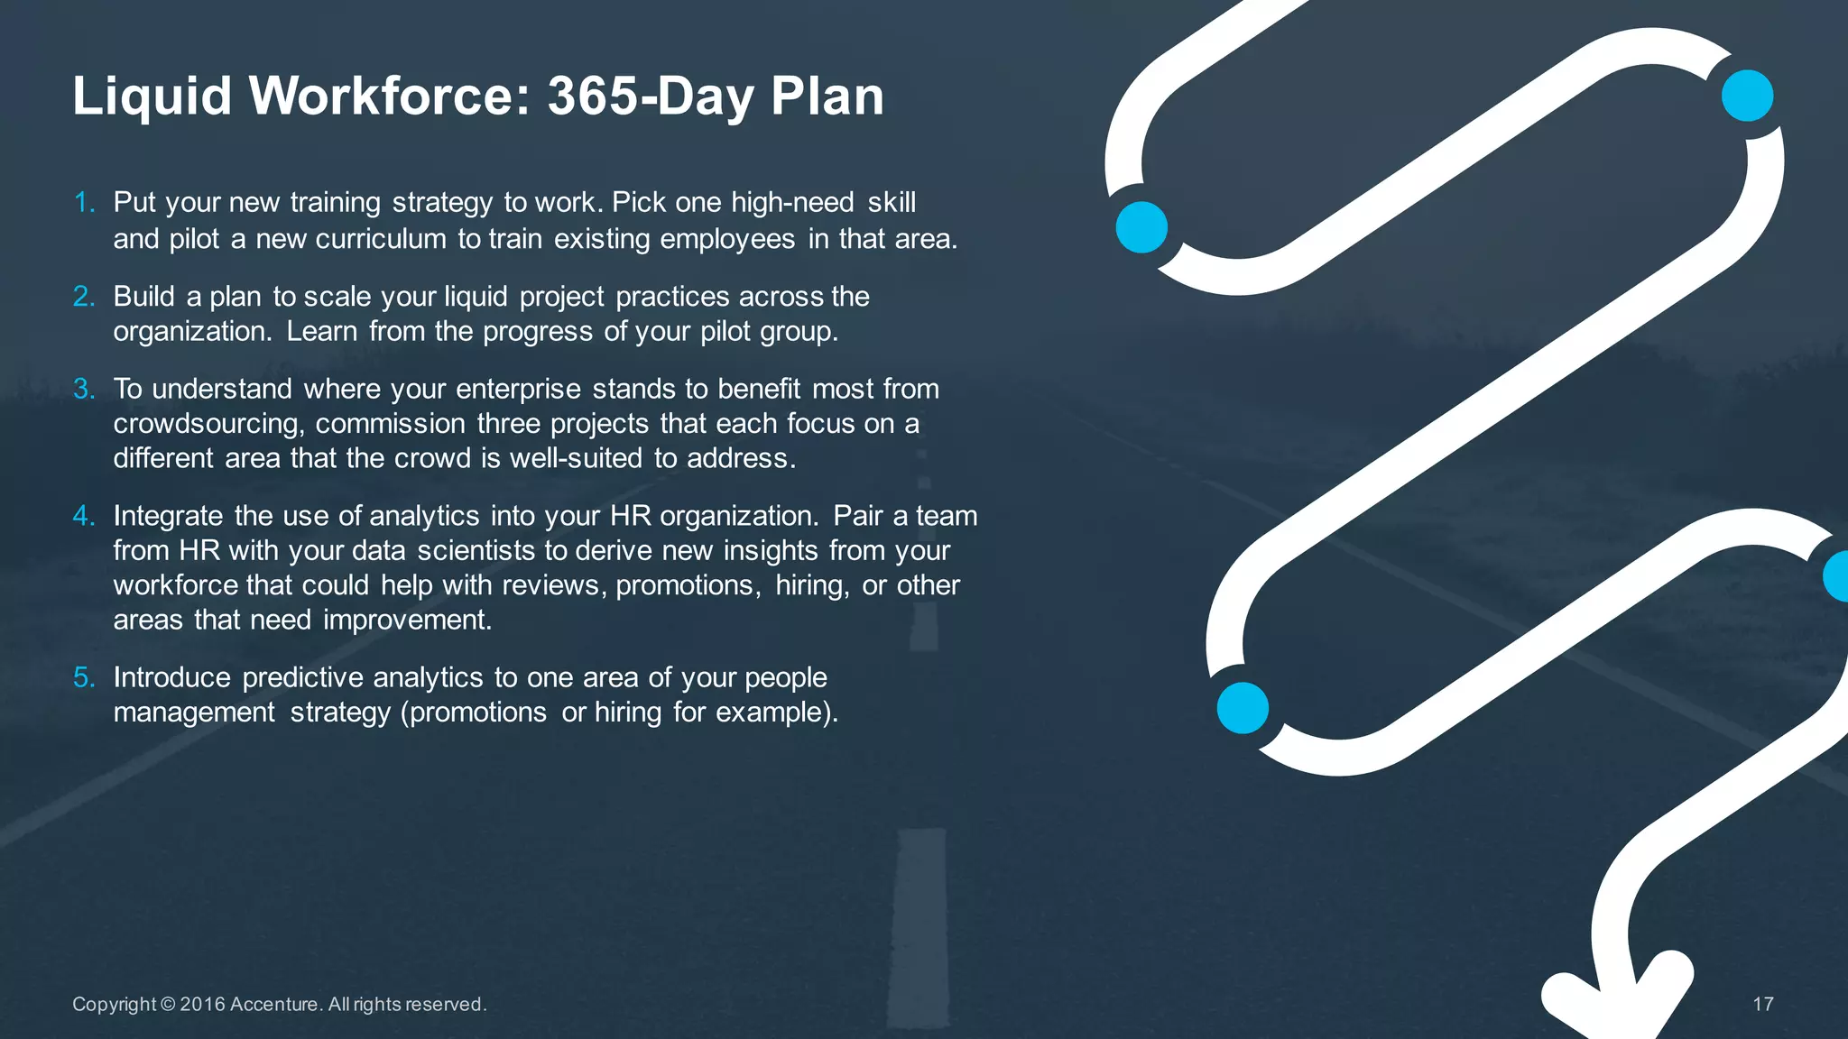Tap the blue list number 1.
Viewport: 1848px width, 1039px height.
click(x=84, y=202)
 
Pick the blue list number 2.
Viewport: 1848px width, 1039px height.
click(x=84, y=296)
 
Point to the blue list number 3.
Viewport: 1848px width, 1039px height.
click(x=84, y=389)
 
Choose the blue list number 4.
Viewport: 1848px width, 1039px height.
click(x=84, y=516)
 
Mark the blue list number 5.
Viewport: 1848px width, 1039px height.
click(x=84, y=677)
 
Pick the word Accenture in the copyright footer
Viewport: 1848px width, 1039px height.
click(x=274, y=1004)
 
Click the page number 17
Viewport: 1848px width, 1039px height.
click(x=1763, y=1004)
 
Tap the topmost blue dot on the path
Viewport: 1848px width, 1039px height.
click(x=1747, y=96)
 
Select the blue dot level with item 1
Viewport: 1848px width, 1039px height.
click(x=1141, y=226)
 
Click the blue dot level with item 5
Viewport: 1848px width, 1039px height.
click(x=1243, y=708)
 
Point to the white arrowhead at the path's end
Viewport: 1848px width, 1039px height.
click(x=1615, y=1001)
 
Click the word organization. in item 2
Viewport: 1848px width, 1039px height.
click(x=191, y=332)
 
